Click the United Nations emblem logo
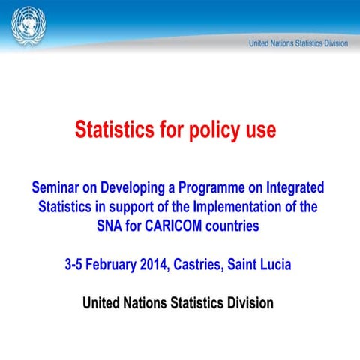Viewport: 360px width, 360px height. [28, 26]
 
